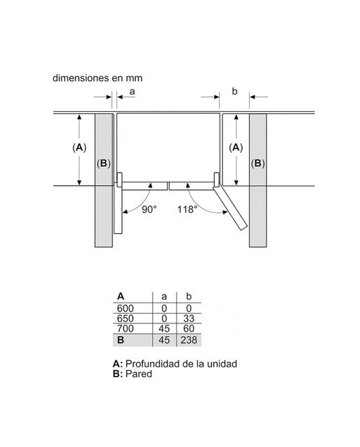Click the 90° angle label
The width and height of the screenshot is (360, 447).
click(x=149, y=210)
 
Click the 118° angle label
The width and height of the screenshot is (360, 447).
click(x=187, y=210)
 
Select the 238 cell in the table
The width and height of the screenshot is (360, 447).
click(x=188, y=340)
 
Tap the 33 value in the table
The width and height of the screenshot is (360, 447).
click(x=189, y=318)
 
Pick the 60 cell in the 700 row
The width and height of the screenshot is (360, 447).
click(x=189, y=329)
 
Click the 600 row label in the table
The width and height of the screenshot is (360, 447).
click(x=126, y=308)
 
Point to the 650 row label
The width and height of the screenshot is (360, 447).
click(x=126, y=318)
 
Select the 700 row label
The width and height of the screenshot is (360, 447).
click(x=126, y=329)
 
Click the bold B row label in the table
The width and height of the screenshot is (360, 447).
click(x=121, y=340)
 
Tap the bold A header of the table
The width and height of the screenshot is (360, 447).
click(x=121, y=296)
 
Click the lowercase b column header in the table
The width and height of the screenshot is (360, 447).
click(x=188, y=296)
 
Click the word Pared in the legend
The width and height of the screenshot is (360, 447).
click(x=139, y=374)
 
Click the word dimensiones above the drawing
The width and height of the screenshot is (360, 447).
click(x=81, y=78)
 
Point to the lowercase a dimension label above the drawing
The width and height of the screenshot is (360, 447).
click(x=132, y=91)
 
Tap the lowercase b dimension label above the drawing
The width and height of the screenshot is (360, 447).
click(x=234, y=91)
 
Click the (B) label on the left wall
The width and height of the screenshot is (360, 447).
click(x=104, y=163)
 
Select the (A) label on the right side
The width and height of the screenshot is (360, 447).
click(x=236, y=147)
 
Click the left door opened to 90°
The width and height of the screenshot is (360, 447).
click(x=118, y=210)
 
